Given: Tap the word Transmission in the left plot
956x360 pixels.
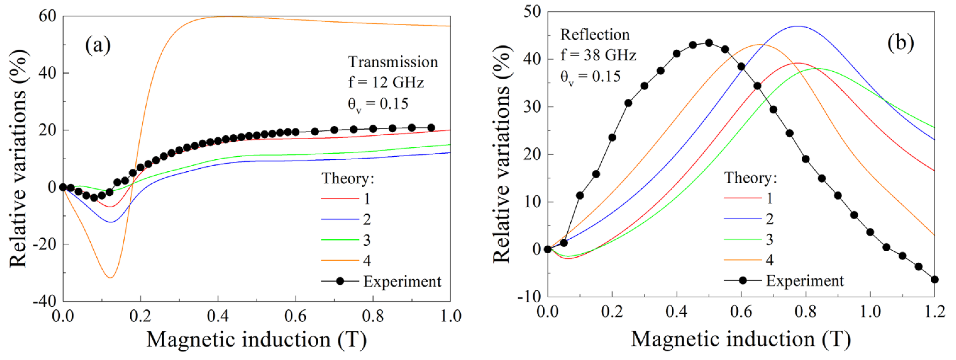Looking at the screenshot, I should [393, 62].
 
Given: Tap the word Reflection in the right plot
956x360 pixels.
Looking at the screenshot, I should [595, 35].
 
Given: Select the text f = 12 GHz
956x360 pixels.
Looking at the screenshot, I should [386, 82].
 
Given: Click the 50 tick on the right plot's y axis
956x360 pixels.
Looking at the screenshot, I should [533, 12].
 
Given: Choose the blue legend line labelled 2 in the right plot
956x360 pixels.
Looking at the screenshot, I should [742, 219].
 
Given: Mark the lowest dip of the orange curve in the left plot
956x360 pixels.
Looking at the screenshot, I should [110, 278].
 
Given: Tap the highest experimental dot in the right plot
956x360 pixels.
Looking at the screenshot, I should [709, 43].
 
